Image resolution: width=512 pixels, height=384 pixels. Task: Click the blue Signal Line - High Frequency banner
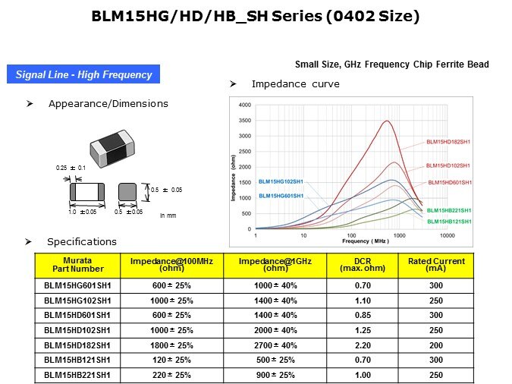(83, 74)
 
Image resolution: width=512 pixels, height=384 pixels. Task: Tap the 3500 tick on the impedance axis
(245, 120)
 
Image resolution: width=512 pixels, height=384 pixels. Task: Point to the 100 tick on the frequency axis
(351, 235)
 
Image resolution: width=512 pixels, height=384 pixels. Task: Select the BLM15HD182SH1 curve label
(448, 142)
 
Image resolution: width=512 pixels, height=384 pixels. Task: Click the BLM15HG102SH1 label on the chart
(281, 181)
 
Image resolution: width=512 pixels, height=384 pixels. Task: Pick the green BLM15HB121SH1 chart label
(449, 222)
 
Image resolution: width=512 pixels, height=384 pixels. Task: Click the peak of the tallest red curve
(387, 121)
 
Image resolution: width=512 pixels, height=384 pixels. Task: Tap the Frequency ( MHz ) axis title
(366, 241)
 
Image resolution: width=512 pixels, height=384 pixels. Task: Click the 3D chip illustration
(112, 149)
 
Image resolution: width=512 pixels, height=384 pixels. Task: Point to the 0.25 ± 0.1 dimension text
(71, 168)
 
